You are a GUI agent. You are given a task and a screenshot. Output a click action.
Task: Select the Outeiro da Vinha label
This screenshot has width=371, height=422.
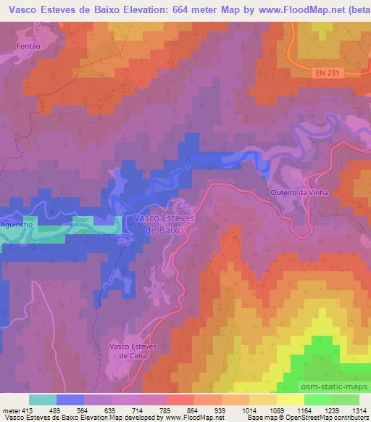309,192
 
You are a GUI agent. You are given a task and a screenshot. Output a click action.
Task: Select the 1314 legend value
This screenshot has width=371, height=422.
359,410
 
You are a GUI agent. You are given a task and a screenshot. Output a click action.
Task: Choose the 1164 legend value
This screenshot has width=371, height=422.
304,410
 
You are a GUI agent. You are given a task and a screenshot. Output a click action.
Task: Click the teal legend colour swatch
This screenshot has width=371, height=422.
43,400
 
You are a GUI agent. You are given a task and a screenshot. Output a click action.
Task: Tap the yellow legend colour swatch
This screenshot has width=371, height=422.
290,400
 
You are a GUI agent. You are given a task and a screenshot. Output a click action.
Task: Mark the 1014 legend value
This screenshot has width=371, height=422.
249,410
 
